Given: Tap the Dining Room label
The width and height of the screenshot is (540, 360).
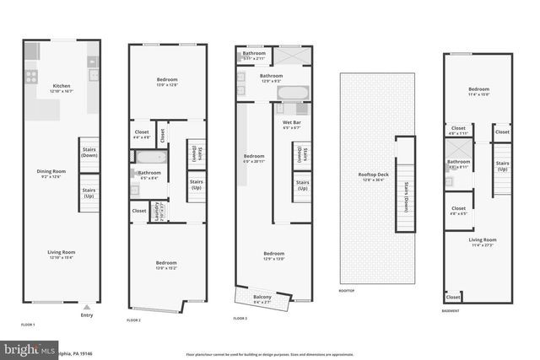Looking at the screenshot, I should [51, 173].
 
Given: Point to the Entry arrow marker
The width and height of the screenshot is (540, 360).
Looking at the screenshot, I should [87, 307].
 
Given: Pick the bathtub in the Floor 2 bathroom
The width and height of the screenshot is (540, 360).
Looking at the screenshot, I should [150, 158].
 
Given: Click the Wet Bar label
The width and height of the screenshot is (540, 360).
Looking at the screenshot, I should [292, 125].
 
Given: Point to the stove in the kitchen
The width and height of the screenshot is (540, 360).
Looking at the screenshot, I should [31, 77].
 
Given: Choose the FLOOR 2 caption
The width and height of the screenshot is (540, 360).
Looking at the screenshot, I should [134, 320].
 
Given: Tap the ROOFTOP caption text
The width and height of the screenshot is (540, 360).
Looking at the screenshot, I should [347, 291].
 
